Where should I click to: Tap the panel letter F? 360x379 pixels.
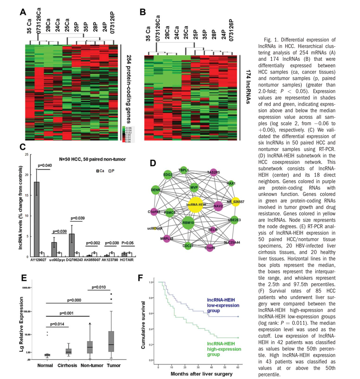[140, 278]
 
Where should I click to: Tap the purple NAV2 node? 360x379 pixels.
[218, 206]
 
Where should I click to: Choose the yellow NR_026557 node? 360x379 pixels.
[235, 201]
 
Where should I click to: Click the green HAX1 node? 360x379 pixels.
[230, 183]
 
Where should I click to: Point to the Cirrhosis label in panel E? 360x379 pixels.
[68, 365]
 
